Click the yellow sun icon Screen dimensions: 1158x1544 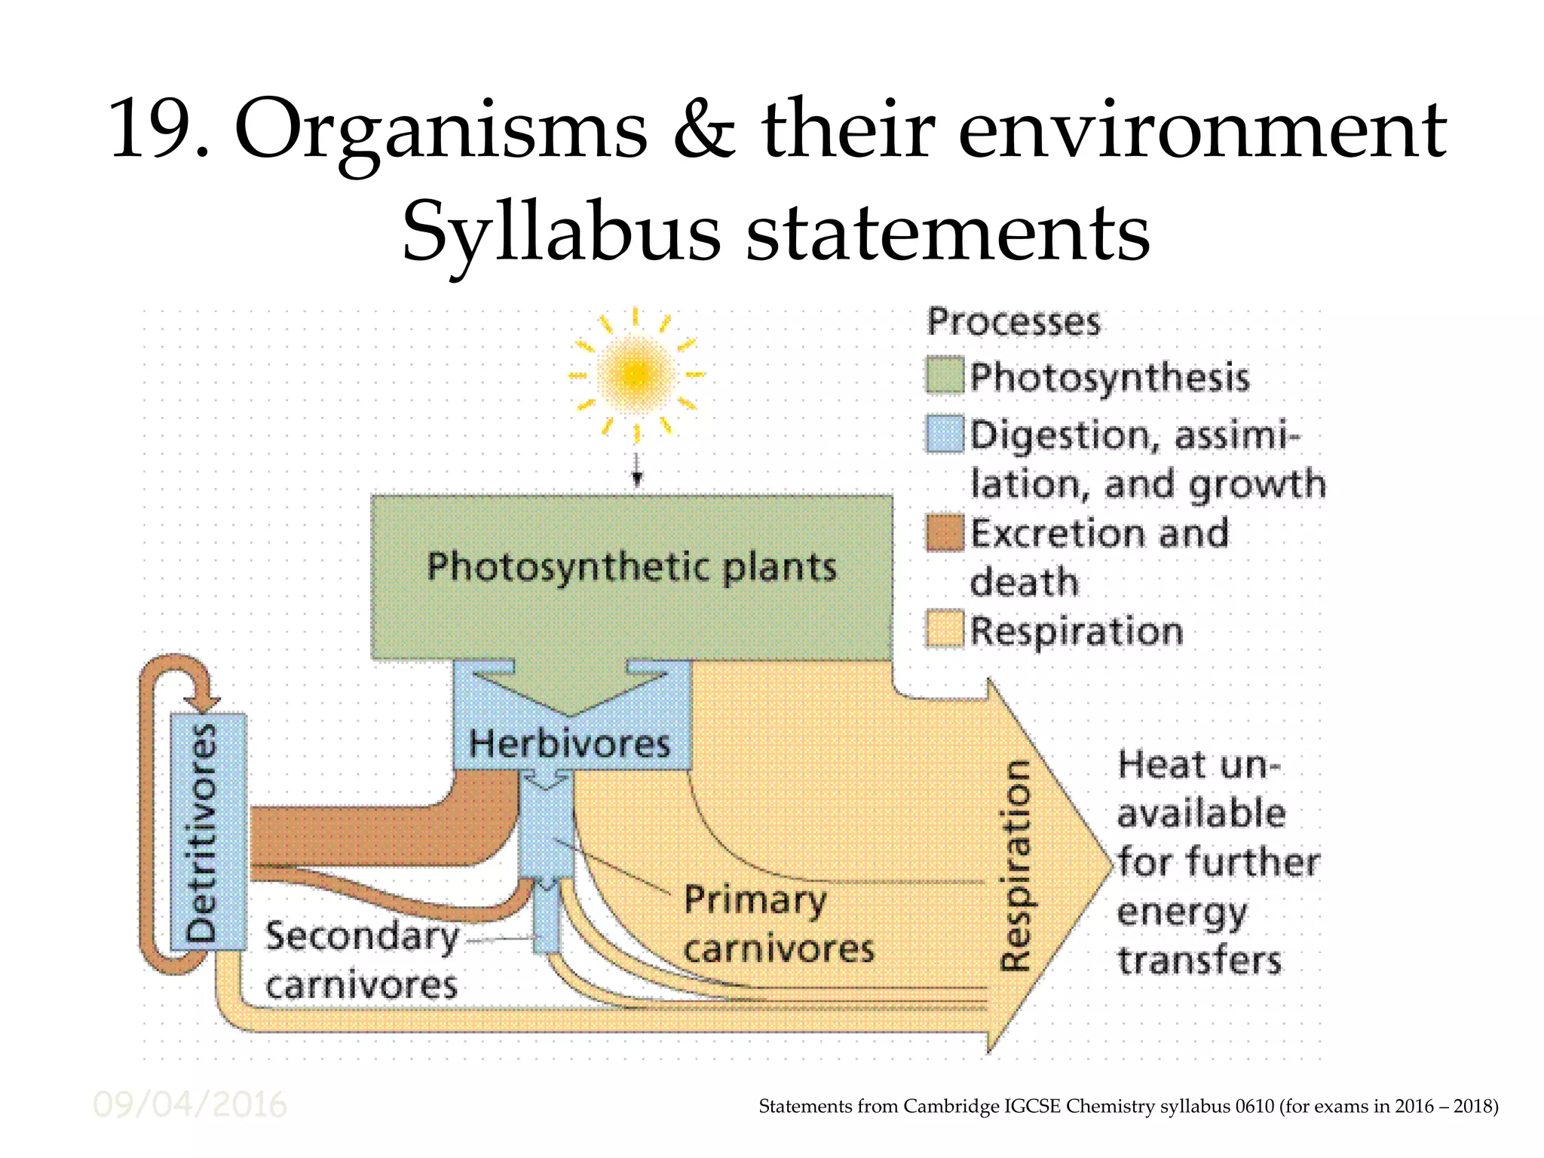tap(636, 373)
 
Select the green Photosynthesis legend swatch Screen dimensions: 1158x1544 tap(945, 375)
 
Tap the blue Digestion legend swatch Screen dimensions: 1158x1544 tap(945, 433)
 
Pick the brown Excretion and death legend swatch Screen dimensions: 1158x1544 tap(945, 532)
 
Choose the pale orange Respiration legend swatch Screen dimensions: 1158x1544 tap(945, 629)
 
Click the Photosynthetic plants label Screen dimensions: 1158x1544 tap(632, 567)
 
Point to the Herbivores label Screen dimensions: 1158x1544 tap(569, 744)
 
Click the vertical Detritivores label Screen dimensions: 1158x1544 tap(202, 832)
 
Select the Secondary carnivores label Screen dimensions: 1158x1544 tap(362, 960)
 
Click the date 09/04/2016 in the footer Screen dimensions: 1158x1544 tap(189, 1105)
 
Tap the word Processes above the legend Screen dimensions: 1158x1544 tap(1012, 322)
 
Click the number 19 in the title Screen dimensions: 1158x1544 tap(150, 130)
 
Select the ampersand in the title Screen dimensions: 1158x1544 tap(704, 130)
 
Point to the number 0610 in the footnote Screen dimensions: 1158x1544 tap(1254, 1106)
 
